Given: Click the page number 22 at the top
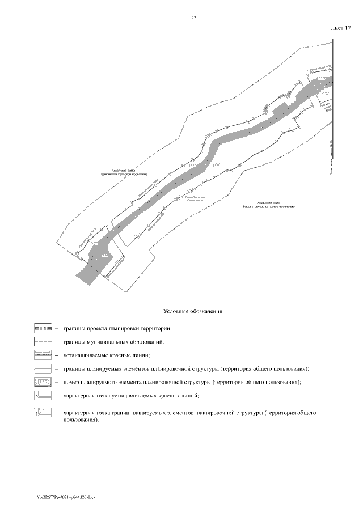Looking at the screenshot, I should (x=193, y=19).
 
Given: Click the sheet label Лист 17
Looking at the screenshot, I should (x=340, y=28).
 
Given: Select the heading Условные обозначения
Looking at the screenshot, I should (x=193, y=311).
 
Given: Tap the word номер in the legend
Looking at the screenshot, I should (x=73, y=382).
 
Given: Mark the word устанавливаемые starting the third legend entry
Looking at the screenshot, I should (x=88, y=355).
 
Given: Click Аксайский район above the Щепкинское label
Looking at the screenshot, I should (x=124, y=170).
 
